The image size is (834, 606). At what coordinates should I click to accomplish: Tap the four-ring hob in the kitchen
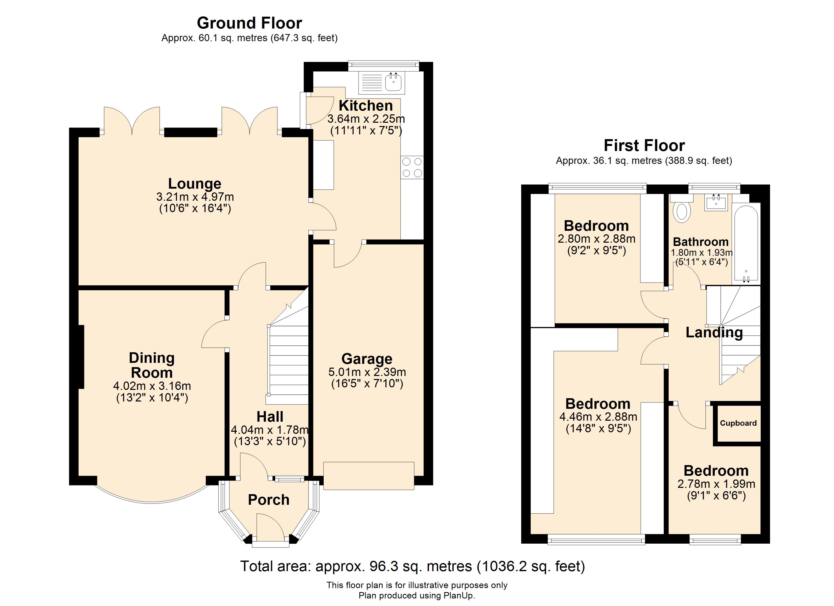pos(412,167)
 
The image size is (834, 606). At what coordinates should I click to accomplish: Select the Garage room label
pos(367,359)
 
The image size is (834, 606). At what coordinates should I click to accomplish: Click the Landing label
pos(714,333)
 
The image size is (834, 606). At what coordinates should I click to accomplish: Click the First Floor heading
pos(644,145)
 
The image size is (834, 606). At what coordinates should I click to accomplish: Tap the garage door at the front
pos(368,476)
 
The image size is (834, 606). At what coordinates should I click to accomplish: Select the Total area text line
pos(413,566)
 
